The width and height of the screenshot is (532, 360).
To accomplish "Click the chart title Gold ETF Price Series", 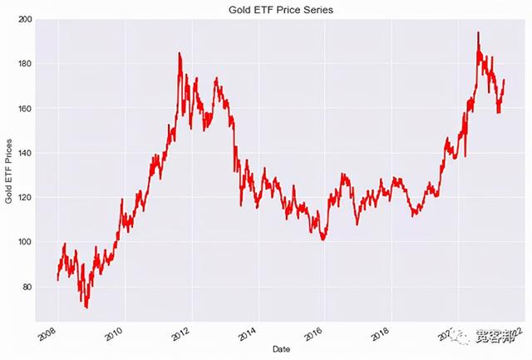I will (273, 9).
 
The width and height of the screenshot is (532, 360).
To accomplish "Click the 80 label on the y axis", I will (27, 287).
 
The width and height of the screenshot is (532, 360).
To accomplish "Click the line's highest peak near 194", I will (478, 32).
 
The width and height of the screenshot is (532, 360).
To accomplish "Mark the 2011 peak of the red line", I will (179, 53).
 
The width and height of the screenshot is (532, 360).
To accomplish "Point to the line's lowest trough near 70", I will (86, 308).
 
